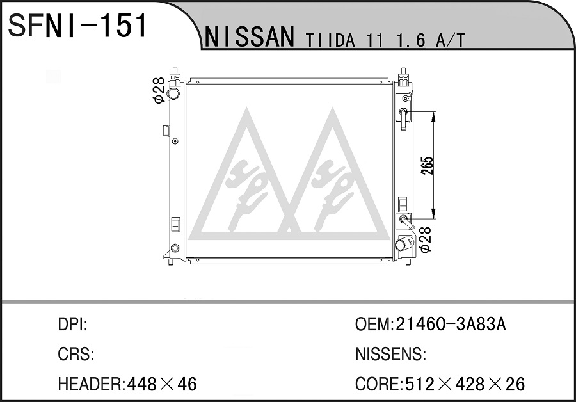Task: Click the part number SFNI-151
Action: coord(77,25)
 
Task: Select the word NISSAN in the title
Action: coord(250,36)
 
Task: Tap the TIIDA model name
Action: coord(330,40)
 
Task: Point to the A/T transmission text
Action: coord(450,40)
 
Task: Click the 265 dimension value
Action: coord(428,165)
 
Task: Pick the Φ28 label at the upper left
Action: coord(158,90)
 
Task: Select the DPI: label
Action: coord(72,325)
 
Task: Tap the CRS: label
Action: coord(76,354)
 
